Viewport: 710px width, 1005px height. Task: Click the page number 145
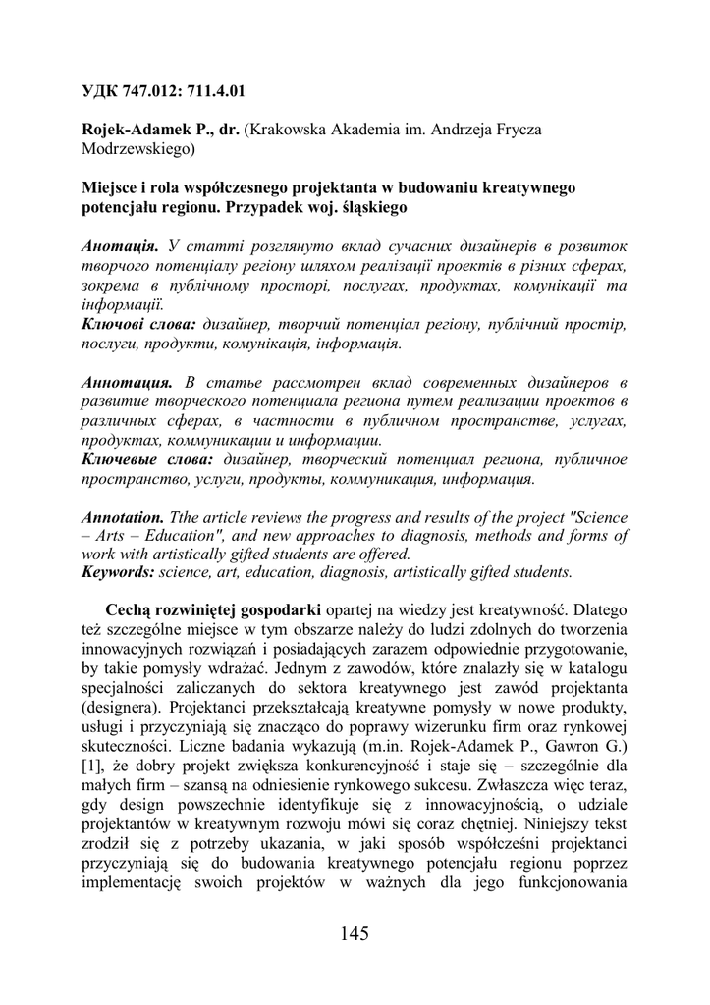[x=355, y=933]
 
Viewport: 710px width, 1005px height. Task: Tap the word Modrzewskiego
[x=137, y=149]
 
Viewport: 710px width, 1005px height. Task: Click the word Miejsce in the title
[x=107, y=187]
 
